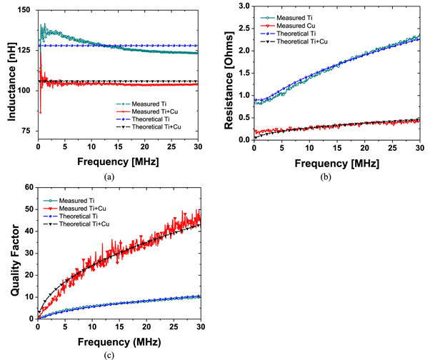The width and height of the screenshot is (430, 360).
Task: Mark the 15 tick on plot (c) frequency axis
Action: (x=119, y=326)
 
